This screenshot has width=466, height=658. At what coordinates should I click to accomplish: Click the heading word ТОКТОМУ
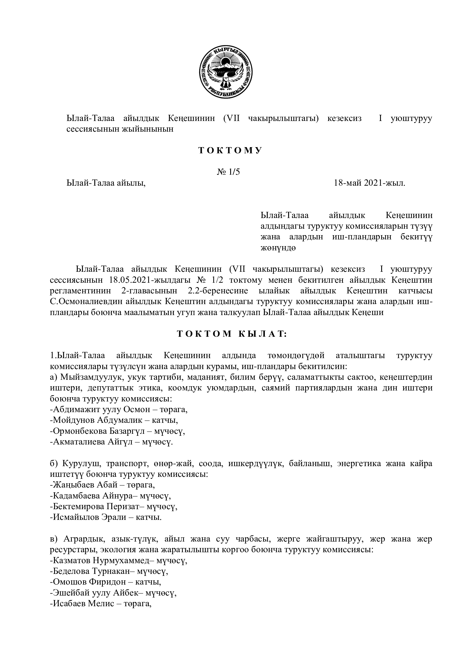(x=230, y=151)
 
